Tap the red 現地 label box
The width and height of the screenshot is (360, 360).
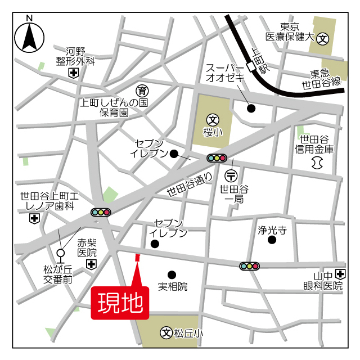pos(120,304)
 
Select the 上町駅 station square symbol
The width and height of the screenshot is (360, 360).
pos(250,67)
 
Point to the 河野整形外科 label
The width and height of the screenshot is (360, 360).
pos(74,56)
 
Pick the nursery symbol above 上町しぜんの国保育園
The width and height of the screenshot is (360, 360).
pos(143,91)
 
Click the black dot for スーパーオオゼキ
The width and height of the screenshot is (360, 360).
pos(251,108)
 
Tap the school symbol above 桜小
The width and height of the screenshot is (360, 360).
pos(213,119)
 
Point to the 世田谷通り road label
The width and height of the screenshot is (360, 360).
pos(190,184)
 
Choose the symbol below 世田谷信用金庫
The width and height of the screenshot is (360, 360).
pos(316,163)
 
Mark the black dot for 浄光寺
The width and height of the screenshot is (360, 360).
pos(272,240)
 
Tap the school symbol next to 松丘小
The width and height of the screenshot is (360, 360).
pos(166,333)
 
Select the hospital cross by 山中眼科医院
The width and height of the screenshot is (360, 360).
pos(340,274)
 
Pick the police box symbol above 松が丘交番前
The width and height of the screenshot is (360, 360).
pos(60,254)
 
